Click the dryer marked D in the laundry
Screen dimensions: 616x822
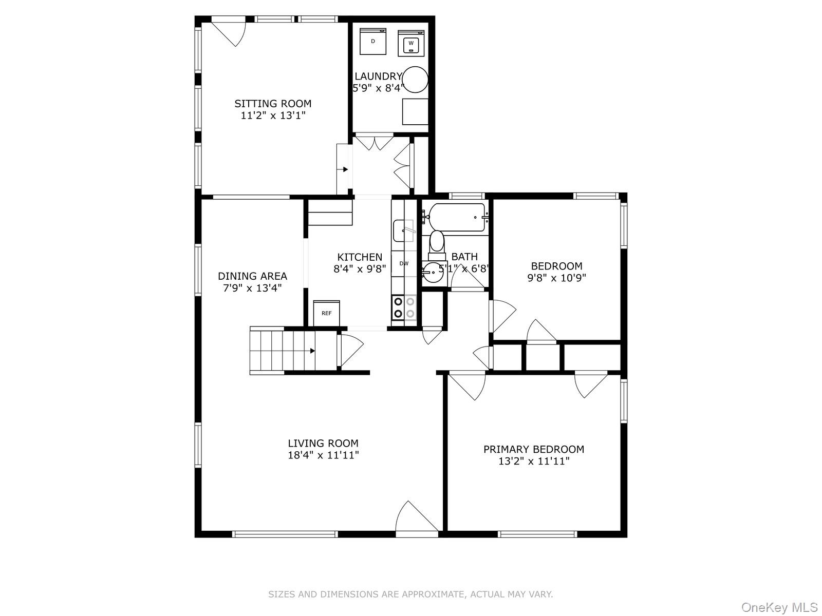(372, 41)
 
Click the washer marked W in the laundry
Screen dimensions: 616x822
(411, 43)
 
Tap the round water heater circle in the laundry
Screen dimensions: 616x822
(415, 80)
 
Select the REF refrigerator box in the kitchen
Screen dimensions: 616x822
(327, 313)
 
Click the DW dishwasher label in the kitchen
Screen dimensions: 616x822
(404, 263)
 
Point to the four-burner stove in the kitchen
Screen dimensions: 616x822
(404, 307)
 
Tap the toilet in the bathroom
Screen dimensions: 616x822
(437, 243)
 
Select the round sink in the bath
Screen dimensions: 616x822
(434, 273)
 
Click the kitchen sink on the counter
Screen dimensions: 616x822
(403, 230)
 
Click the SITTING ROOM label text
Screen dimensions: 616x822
(273, 104)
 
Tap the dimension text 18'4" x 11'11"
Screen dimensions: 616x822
(323, 455)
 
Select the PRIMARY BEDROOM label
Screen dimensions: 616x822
(533, 449)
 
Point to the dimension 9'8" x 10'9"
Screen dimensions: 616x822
(556, 278)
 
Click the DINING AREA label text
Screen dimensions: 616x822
(252, 276)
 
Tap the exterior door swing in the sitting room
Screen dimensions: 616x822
(229, 31)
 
